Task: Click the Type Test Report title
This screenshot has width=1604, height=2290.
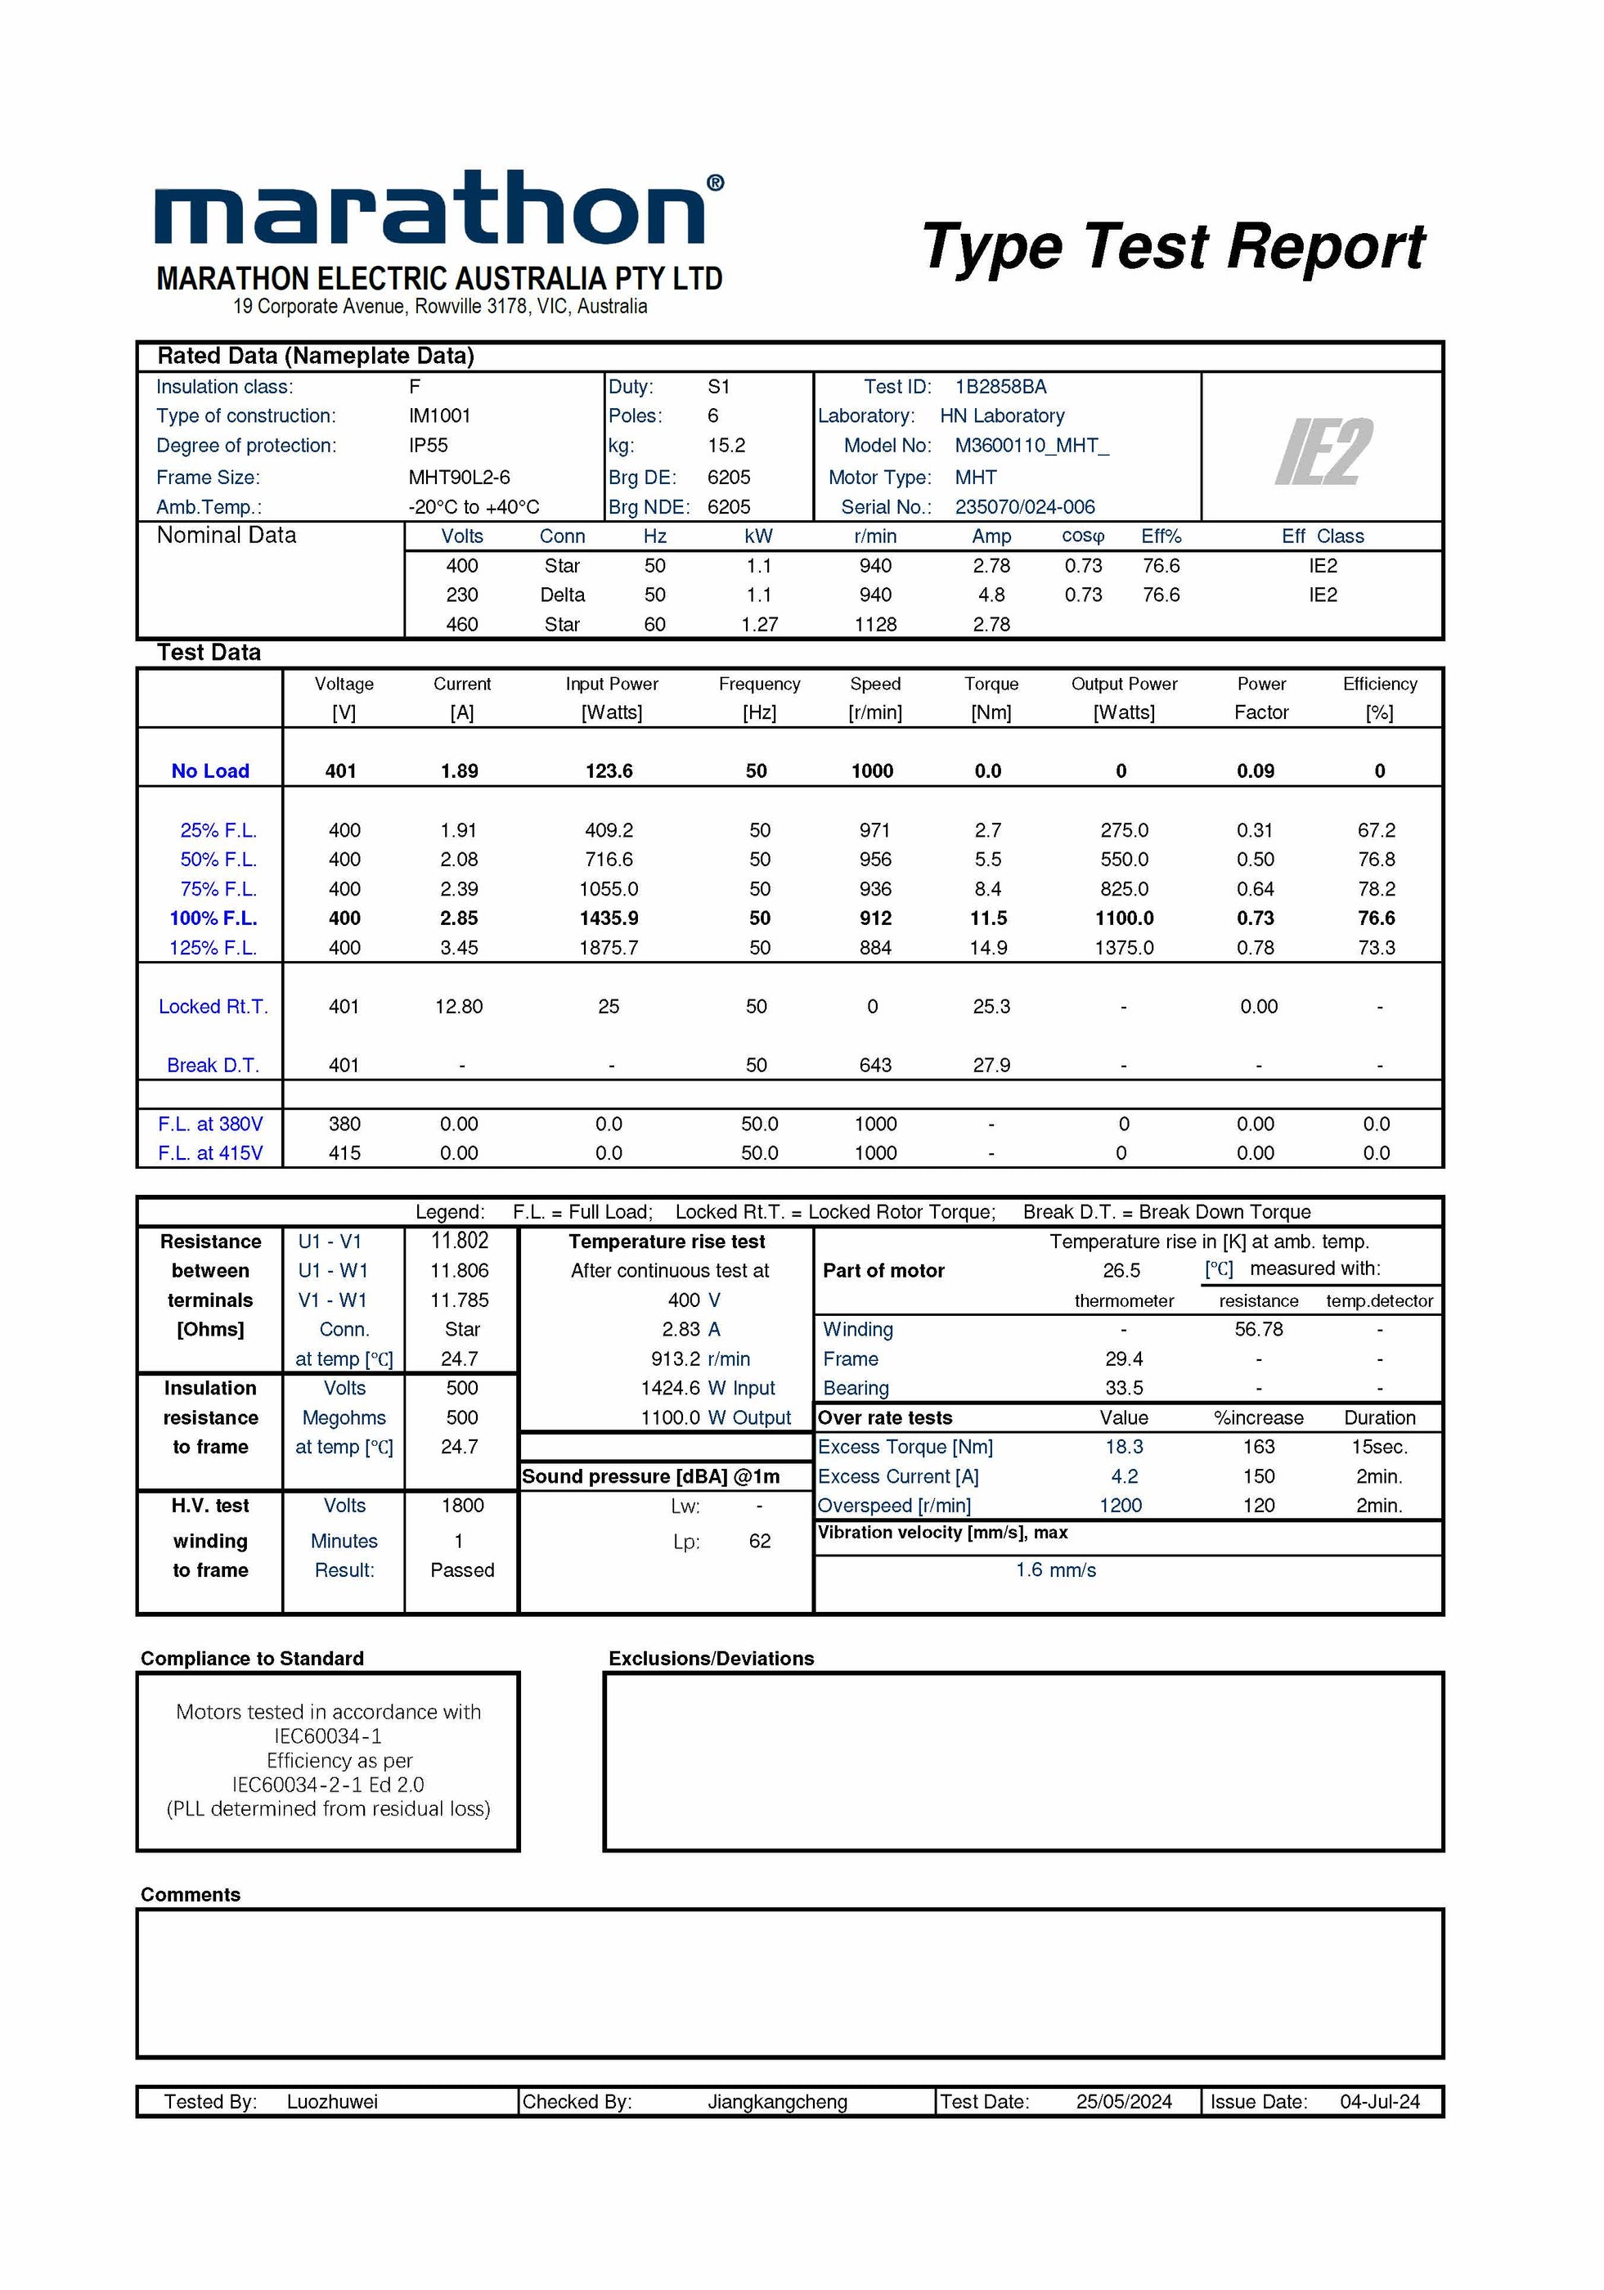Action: [x=1172, y=247]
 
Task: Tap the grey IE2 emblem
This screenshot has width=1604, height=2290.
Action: [x=1323, y=451]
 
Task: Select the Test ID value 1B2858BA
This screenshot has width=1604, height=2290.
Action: [x=1000, y=387]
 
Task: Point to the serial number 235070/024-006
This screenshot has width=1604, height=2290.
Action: [x=1024, y=507]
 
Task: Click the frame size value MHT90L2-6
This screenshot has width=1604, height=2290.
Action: [x=459, y=478]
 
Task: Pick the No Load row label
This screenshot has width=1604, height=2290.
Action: [x=209, y=771]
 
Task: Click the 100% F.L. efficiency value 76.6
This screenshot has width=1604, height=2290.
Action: [x=1376, y=918]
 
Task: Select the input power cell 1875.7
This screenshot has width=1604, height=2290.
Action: [x=609, y=948]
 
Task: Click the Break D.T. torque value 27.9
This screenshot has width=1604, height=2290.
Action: [x=991, y=1065]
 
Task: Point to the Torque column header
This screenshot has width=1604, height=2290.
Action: [x=991, y=685]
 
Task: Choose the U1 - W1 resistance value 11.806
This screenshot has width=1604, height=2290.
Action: [x=459, y=1271]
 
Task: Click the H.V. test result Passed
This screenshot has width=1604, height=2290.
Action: [x=462, y=1570]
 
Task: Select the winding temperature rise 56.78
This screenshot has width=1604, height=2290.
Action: [x=1258, y=1330]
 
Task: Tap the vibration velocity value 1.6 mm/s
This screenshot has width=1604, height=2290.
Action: [x=1055, y=1570]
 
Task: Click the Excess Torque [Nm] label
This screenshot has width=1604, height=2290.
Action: [x=905, y=1448]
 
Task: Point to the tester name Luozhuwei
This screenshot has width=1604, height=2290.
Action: [x=332, y=2102]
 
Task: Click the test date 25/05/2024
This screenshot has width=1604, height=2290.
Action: [x=1123, y=2102]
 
